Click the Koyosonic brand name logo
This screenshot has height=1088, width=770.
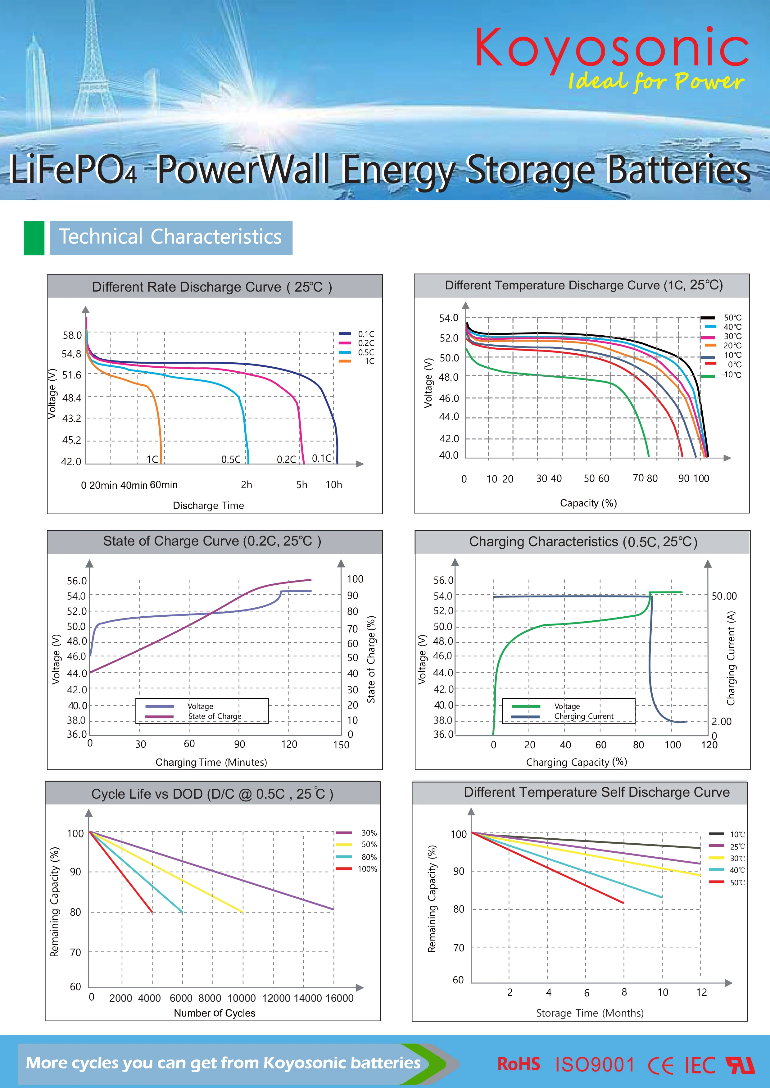click(x=612, y=48)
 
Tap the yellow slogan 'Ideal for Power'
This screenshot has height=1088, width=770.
click(x=656, y=81)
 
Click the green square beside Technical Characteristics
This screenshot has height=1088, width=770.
click(x=34, y=238)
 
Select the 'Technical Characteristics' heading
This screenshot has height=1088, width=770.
click(x=171, y=237)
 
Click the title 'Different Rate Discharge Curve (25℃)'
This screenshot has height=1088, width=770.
click(x=212, y=287)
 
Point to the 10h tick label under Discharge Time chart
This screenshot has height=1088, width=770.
click(x=333, y=484)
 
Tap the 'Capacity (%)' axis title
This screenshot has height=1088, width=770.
click(x=588, y=503)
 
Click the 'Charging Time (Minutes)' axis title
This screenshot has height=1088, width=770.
click(x=211, y=762)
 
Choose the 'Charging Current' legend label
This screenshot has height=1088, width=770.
click(x=584, y=716)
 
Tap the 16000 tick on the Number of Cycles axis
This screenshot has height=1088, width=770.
click(x=339, y=998)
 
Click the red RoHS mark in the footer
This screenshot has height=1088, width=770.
click(x=518, y=1064)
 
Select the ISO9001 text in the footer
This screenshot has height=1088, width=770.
click(x=595, y=1065)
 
